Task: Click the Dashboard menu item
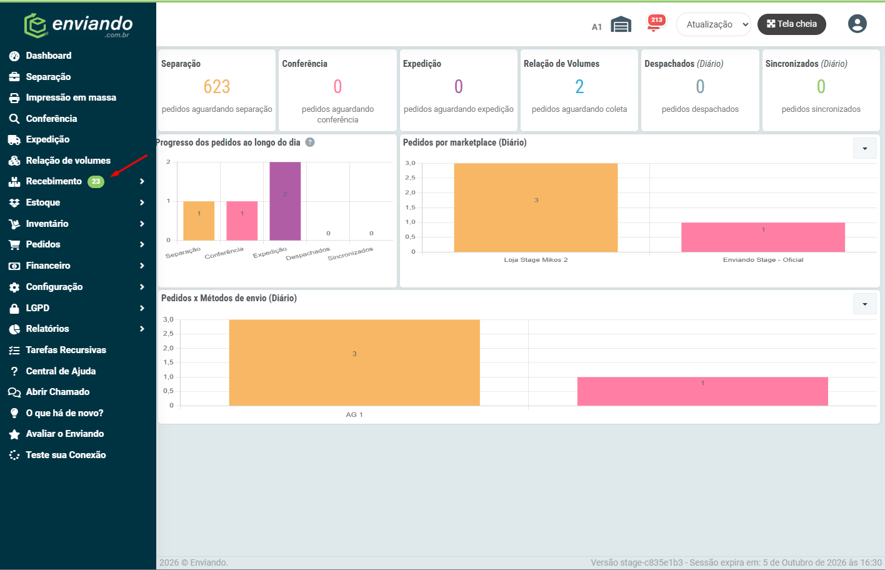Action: [49, 56]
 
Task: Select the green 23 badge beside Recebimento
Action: [96, 181]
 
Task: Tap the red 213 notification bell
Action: [656, 23]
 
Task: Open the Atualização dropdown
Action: [714, 24]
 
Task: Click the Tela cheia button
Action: [792, 24]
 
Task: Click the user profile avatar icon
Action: [857, 24]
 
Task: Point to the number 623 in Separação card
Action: [217, 86]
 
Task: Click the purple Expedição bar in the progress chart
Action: [285, 201]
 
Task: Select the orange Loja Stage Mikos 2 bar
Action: [536, 207]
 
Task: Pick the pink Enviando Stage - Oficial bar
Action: [763, 237]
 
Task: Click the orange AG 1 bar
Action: [354, 362]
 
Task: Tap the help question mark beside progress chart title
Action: [310, 142]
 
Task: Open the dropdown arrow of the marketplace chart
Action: [865, 149]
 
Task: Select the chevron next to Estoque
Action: [142, 202]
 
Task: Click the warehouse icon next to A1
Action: [621, 24]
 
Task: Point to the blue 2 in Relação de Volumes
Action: [579, 86]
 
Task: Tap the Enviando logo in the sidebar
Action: [78, 25]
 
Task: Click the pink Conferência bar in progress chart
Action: [242, 221]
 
